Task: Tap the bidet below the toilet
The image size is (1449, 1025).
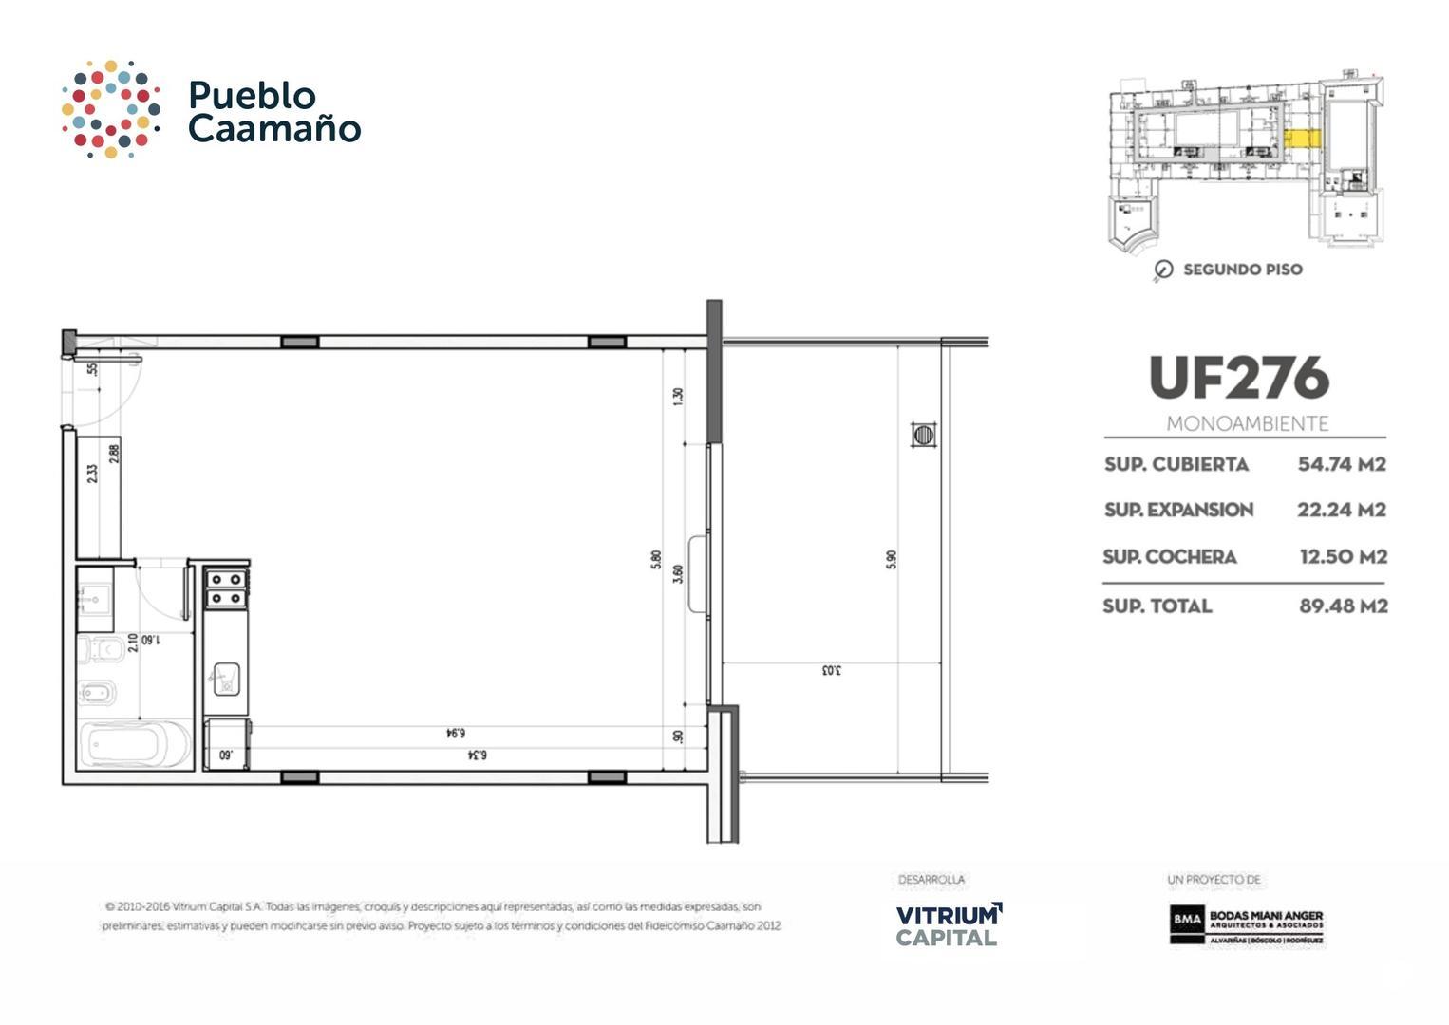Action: pyautogui.click(x=97, y=693)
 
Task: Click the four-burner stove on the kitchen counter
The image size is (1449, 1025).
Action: pyautogui.click(x=227, y=588)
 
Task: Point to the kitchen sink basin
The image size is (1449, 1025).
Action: pyautogui.click(x=226, y=678)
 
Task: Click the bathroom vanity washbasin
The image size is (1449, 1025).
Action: pyautogui.click(x=94, y=599)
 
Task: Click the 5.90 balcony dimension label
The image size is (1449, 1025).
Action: pyautogui.click(x=891, y=559)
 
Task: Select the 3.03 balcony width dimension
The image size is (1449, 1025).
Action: pyautogui.click(x=831, y=671)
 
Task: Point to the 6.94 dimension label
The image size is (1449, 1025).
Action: pyautogui.click(x=456, y=733)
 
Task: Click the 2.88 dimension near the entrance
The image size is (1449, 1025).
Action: pyautogui.click(x=114, y=454)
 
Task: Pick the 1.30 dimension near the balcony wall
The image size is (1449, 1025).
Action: pyautogui.click(x=677, y=396)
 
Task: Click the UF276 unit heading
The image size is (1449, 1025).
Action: pyautogui.click(x=1239, y=378)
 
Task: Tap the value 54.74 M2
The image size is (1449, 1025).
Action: pyautogui.click(x=1342, y=464)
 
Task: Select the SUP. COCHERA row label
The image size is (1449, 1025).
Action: pyautogui.click(x=1169, y=557)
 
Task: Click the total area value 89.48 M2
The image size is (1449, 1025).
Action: pyautogui.click(x=1343, y=606)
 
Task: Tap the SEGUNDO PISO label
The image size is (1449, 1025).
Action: pyautogui.click(x=1242, y=270)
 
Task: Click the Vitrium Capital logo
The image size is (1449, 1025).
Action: pyautogui.click(x=948, y=924)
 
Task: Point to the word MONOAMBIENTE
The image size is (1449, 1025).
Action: pyautogui.click(x=1247, y=423)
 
